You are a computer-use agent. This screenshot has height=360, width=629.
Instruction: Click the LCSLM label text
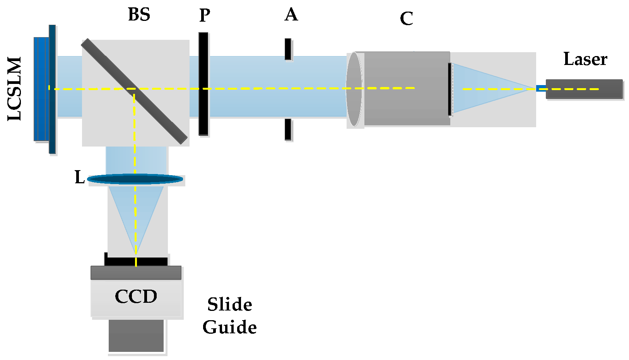(15, 89)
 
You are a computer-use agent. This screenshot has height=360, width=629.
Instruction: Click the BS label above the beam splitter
(139, 15)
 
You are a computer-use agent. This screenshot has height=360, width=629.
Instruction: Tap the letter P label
(204, 16)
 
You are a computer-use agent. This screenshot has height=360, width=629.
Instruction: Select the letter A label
(291, 15)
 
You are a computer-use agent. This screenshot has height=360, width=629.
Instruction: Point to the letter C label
(406, 19)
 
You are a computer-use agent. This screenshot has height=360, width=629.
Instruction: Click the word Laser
(585, 59)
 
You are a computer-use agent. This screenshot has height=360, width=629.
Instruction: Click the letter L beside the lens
(79, 177)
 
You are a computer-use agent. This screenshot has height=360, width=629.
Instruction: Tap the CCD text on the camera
(136, 297)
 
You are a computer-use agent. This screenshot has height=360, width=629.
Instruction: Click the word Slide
(229, 304)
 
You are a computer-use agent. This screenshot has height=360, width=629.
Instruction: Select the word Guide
(229, 327)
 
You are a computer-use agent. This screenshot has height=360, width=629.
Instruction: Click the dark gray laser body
(584, 89)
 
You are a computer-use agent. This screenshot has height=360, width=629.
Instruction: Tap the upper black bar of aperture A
(288, 49)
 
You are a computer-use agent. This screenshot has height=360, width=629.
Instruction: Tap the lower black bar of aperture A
(288, 129)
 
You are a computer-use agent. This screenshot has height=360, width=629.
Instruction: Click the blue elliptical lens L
(116, 179)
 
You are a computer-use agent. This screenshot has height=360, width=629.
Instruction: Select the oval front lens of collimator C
(354, 89)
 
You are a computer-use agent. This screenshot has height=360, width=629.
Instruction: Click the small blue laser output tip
(541, 88)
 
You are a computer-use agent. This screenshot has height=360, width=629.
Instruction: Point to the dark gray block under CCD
(136, 335)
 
